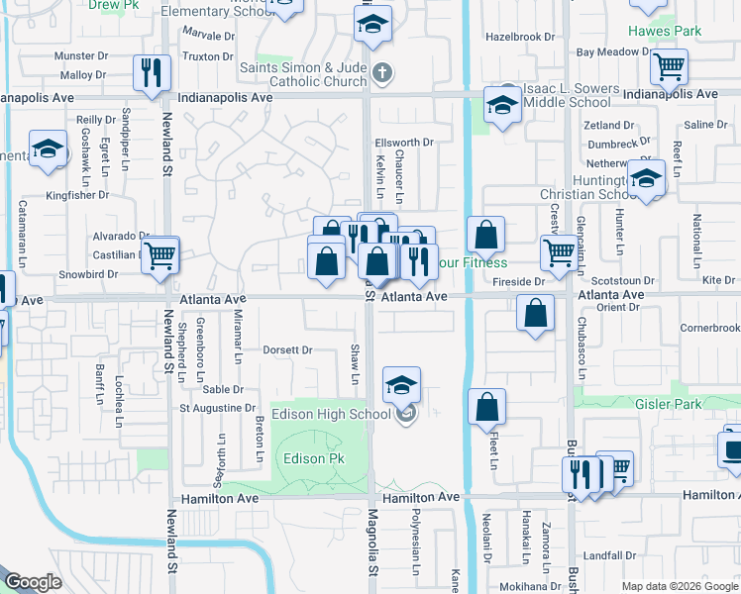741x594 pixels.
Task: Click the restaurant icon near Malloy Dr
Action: tap(152, 73)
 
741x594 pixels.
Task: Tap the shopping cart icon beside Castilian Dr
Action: tap(159, 254)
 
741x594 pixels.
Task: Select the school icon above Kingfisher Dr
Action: tap(47, 150)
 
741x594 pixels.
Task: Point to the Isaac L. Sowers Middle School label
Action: tap(567, 96)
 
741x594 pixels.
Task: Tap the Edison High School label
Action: tap(331, 414)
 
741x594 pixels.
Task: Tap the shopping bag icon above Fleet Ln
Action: tap(486, 407)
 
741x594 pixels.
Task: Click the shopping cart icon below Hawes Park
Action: tap(669, 67)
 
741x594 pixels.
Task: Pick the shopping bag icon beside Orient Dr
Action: tap(535, 315)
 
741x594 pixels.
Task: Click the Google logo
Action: tap(34, 582)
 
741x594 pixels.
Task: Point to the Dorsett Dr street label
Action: tap(287, 349)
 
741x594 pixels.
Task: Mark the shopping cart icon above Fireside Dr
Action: tap(559, 253)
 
